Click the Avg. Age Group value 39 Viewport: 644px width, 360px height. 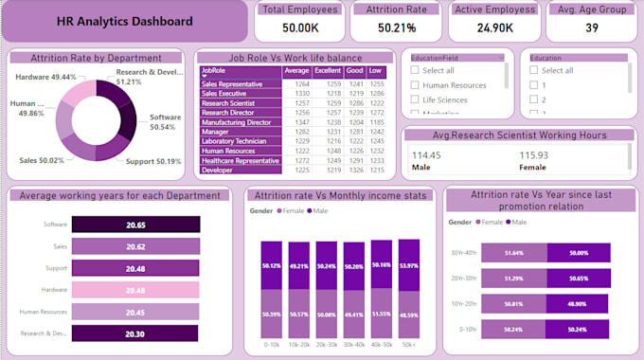[591, 28]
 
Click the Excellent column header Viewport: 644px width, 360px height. [328, 70]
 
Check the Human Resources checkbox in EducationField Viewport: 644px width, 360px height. [415, 85]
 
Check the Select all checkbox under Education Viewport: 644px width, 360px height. [535, 70]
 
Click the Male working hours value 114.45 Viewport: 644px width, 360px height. [426, 155]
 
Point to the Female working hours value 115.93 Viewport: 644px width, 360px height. [534, 155]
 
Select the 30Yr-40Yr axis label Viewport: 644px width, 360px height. [464, 253]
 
